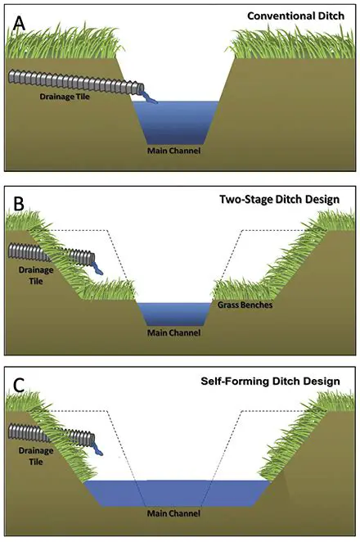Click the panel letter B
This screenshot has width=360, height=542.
[x=17, y=204]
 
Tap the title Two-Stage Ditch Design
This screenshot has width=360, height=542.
[x=290, y=199]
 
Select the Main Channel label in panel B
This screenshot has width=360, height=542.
[x=173, y=332]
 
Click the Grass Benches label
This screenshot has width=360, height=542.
[x=248, y=305]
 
